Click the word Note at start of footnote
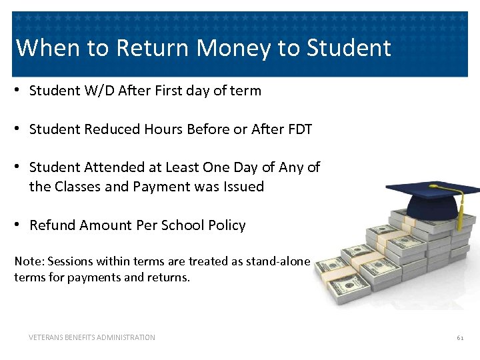[x=27, y=261]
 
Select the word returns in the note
[x=169, y=277]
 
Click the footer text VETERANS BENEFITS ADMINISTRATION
[x=92, y=337]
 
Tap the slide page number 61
[x=460, y=338]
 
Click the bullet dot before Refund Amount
[x=19, y=225]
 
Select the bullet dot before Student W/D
[x=19, y=91]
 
